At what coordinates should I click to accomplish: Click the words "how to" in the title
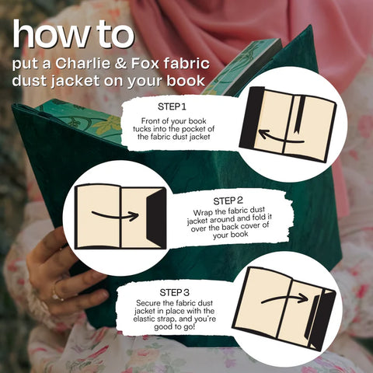point(73,35)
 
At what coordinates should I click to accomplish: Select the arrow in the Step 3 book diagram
point(283,298)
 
